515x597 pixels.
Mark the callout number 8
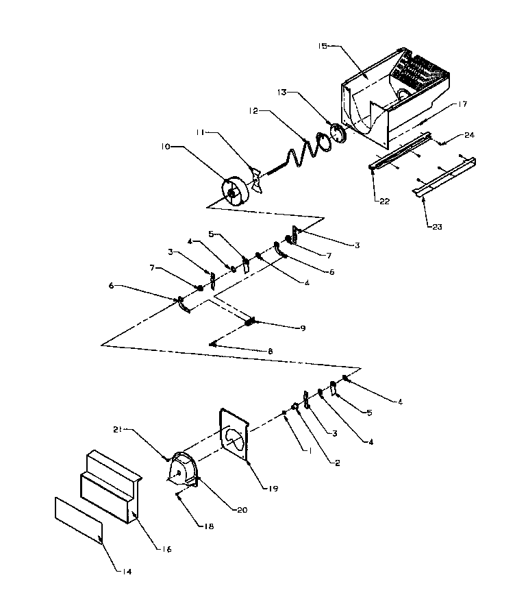point(270,351)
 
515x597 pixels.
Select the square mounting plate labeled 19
point(236,439)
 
